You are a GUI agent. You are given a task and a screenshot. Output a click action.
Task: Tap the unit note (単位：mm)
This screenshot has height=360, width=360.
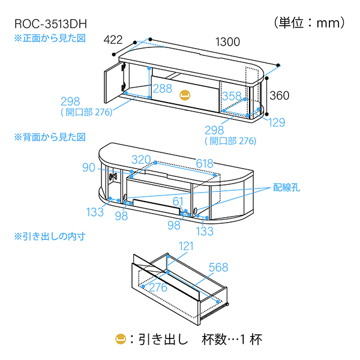pos(310,23)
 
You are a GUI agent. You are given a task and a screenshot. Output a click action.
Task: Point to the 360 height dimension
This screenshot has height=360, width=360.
pos(280,95)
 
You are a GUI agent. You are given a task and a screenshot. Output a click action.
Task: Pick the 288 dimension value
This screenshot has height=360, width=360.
pos(162,88)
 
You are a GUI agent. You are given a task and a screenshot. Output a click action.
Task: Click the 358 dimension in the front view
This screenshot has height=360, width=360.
pos(232,95)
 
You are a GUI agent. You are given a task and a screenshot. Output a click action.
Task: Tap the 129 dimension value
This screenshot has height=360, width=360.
pos(277,122)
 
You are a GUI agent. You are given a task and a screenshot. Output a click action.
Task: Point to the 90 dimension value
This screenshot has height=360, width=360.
pos(89,167)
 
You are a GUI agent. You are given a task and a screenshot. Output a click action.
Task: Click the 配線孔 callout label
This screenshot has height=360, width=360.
pos(287,187)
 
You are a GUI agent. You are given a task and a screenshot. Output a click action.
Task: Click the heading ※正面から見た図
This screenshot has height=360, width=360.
pos(51,37)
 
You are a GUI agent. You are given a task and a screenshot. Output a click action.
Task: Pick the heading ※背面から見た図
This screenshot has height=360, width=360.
pos(51,137)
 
